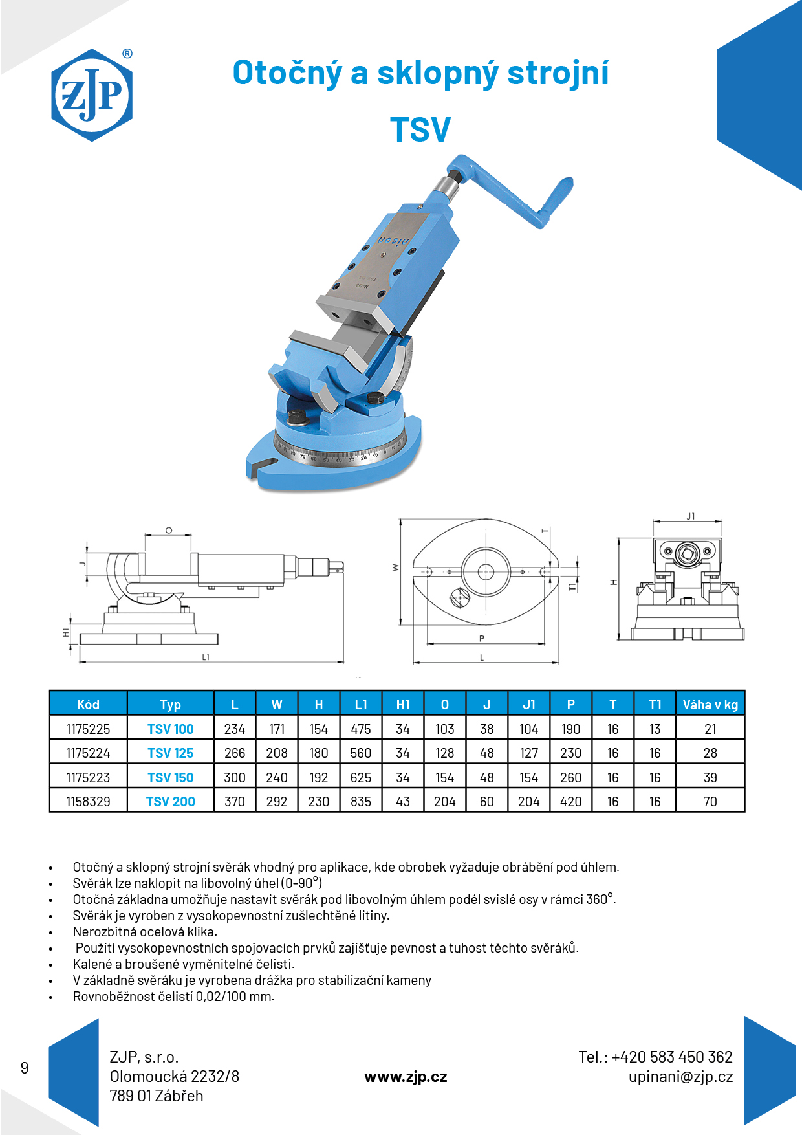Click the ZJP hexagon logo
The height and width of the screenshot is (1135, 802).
[x=92, y=95]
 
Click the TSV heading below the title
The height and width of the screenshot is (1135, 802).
[x=420, y=129]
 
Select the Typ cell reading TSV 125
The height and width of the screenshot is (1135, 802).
[x=170, y=753]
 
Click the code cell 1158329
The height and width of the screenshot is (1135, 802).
[x=88, y=802]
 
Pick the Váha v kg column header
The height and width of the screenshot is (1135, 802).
[x=710, y=705]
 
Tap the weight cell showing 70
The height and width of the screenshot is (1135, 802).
[x=710, y=802]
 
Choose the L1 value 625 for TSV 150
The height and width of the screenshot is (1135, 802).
[x=361, y=778]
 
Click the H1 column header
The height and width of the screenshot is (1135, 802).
[x=403, y=705]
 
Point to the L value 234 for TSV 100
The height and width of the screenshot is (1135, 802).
[x=235, y=729]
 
